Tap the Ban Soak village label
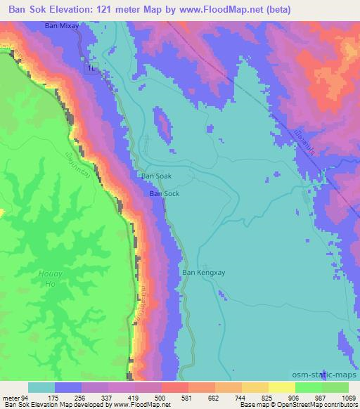[x=156, y=177]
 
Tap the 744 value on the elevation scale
[x=241, y=398]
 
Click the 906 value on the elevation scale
[x=295, y=398]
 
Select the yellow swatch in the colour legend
[x=281, y=387]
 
